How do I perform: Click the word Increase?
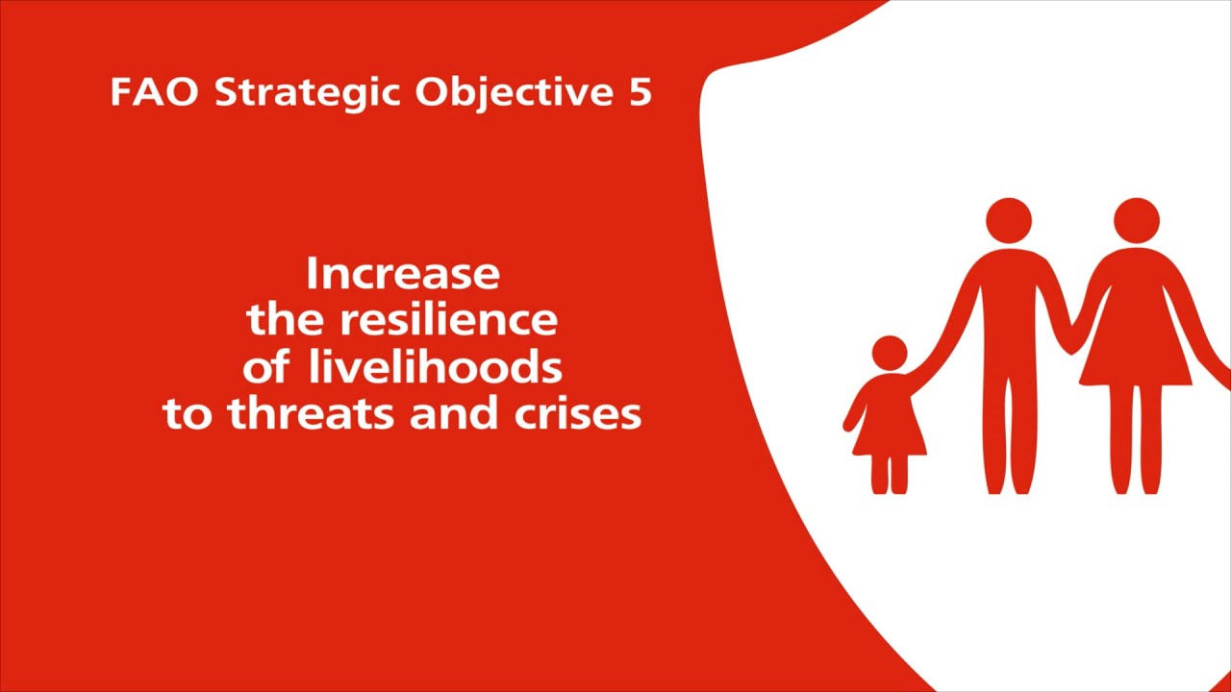click(403, 274)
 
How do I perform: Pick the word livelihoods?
click(435, 366)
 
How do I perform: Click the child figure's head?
click(889, 353)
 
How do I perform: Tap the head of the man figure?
click(1008, 221)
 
